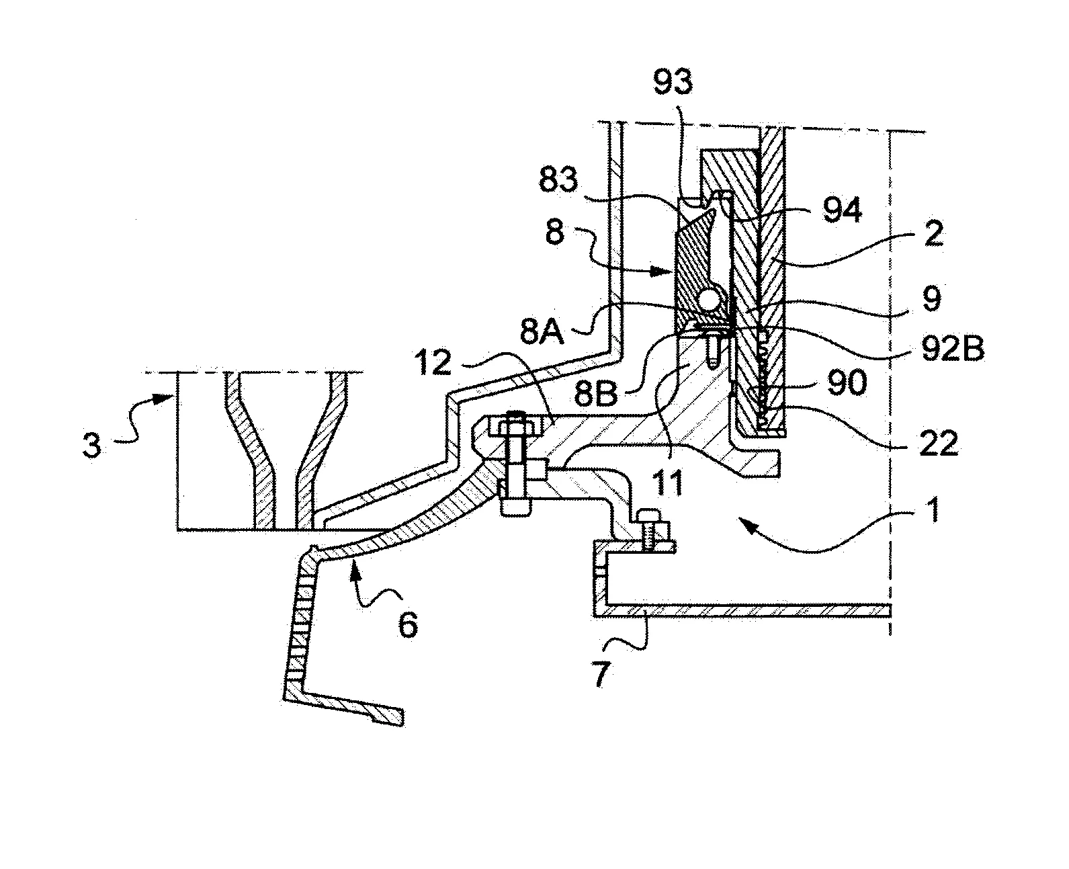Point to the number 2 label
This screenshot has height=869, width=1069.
932,235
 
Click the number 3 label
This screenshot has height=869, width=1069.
92,446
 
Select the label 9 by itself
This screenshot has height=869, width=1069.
931,300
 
